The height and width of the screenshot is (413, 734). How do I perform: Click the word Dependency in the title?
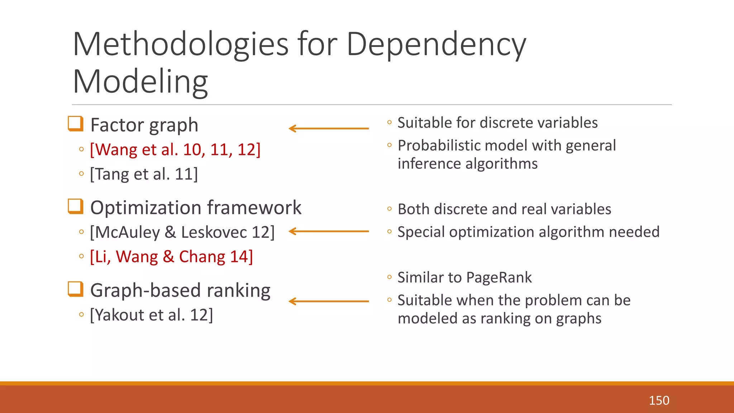[x=436, y=45]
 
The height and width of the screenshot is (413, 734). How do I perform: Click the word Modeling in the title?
[x=140, y=82]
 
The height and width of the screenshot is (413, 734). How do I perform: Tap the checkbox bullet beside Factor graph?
[x=76, y=124]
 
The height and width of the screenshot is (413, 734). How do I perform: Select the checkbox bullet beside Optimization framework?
[x=76, y=206]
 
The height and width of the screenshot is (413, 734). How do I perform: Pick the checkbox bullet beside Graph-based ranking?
[x=76, y=289]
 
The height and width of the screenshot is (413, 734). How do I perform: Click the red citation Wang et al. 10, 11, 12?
[x=175, y=149]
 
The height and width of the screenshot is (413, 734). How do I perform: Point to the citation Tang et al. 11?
[x=144, y=174]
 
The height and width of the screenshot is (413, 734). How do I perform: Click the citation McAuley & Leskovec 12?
[x=182, y=232]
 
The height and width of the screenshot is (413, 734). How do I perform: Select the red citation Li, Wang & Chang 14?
[x=171, y=257]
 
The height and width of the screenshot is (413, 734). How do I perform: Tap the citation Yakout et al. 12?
[x=151, y=315]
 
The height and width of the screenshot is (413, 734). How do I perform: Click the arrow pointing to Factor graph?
[x=328, y=128]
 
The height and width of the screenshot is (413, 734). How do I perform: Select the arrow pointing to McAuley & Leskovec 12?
[x=328, y=232]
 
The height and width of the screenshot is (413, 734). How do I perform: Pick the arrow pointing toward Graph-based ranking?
[x=328, y=302]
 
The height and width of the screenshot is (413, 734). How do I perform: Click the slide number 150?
[x=659, y=400]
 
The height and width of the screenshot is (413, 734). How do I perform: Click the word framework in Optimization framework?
[x=254, y=208]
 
